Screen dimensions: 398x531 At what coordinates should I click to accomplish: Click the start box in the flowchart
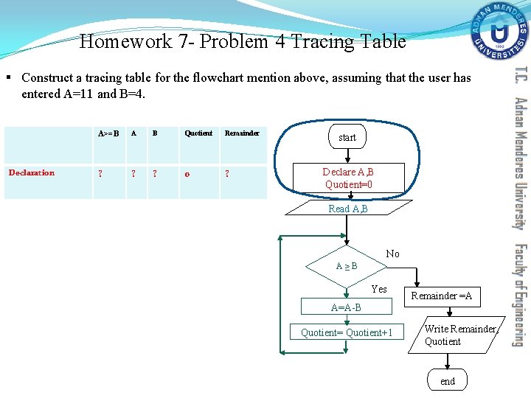[347, 138]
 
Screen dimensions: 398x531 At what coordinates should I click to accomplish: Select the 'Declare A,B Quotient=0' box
[348, 178]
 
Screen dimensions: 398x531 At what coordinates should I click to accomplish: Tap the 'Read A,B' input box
[348, 209]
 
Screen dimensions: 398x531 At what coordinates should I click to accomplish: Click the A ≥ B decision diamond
[347, 265]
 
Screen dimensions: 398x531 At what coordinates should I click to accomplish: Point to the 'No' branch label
[392, 254]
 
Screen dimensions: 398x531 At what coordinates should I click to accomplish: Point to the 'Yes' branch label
[379, 290]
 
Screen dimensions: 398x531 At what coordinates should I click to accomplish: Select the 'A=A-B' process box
[346, 307]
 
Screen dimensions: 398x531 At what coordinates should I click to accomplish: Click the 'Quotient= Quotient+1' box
[347, 333]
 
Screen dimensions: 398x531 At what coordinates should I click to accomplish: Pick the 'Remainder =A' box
[441, 296]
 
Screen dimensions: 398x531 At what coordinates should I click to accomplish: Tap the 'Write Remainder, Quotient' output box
[451, 335]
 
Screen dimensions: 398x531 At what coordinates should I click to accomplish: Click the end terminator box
[448, 381]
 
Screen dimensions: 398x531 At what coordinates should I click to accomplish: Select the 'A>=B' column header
[108, 133]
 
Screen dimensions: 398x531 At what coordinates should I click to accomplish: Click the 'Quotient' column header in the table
[198, 133]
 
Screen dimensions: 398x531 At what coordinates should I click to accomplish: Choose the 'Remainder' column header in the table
[242, 133]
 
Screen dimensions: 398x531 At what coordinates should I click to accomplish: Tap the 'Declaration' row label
[32, 173]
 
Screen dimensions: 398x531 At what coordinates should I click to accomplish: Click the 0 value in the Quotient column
[187, 174]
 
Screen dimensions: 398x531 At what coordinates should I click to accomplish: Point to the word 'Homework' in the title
[125, 42]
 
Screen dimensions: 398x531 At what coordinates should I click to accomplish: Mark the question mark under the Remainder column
[226, 174]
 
